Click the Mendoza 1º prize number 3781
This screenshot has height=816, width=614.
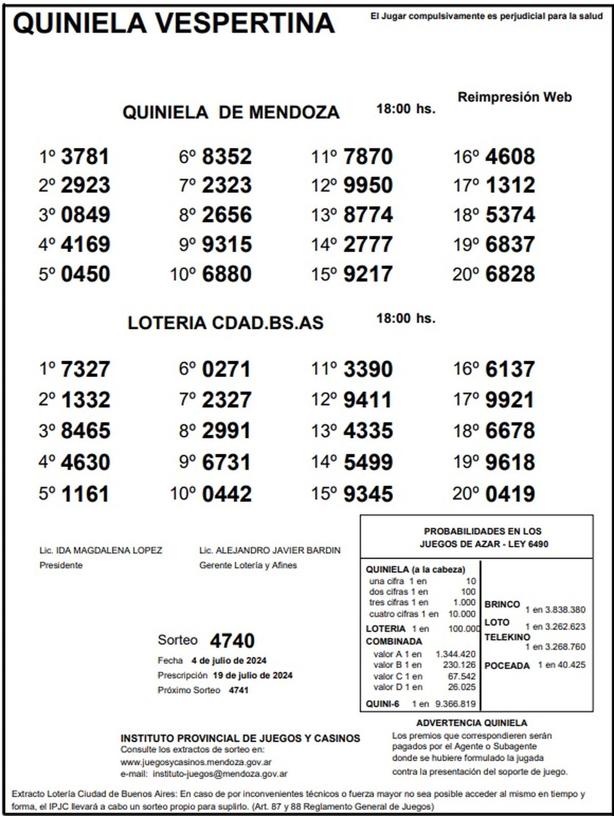coord(85,157)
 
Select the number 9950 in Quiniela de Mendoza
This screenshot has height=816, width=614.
coord(368,185)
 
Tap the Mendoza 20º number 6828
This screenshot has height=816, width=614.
coord(510,274)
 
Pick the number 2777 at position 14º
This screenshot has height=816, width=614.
coord(368,245)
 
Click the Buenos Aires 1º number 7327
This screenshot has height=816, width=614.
coord(85,369)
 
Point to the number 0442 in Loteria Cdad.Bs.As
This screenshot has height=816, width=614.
coord(227,494)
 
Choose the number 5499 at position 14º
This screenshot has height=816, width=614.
coord(368,462)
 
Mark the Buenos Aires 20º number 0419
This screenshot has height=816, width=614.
coord(510,494)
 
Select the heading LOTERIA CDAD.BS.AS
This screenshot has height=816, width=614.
coord(226,323)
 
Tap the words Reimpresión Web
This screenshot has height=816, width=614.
coord(514,97)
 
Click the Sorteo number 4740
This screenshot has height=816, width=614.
coord(232,641)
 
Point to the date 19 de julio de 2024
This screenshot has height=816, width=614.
coord(253,675)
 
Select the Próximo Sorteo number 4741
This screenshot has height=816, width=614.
coord(238,690)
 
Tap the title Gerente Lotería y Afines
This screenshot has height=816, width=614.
coord(248,565)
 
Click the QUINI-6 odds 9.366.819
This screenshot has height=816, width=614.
coord(455,704)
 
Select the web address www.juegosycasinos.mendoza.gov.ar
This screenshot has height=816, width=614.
coord(196,762)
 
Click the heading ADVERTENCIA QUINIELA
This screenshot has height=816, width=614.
coord(471,723)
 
